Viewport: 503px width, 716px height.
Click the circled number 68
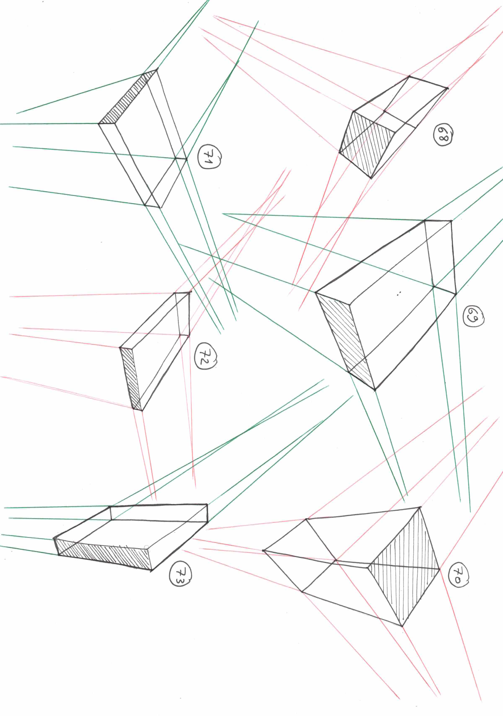[x=443, y=135]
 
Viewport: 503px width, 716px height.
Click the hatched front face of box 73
[x=103, y=554]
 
